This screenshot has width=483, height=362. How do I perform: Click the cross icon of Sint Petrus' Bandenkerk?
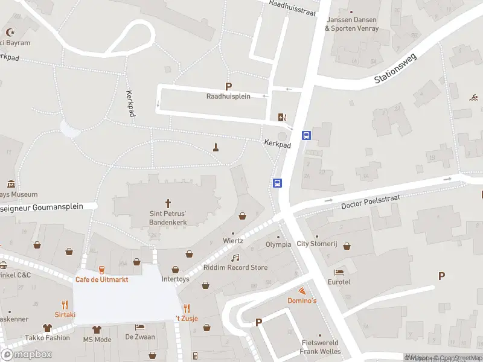coord(168,203)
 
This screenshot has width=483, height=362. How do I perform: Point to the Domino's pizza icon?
coord(302,291)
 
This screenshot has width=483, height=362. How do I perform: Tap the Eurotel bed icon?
coord(339,273)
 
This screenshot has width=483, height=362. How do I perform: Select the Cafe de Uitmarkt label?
coord(101,279)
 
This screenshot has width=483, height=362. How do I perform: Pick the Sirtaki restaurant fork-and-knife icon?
coord(65,305)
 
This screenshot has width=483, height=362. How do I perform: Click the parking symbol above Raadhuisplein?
coord(228,86)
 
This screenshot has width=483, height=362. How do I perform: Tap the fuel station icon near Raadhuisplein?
coord(282,117)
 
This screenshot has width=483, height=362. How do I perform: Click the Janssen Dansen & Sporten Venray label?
coord(352,24)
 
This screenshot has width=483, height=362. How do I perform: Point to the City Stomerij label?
coord(316,244)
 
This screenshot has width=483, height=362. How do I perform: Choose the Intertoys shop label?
coord(175,279)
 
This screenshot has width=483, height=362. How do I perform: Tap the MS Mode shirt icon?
coord(97,329)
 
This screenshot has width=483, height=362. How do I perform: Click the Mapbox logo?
coord(27,355)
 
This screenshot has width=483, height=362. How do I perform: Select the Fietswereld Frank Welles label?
coord(320,346)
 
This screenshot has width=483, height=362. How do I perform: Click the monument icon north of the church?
coord(216,147)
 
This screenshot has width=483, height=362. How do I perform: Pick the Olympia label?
coord(278,244)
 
